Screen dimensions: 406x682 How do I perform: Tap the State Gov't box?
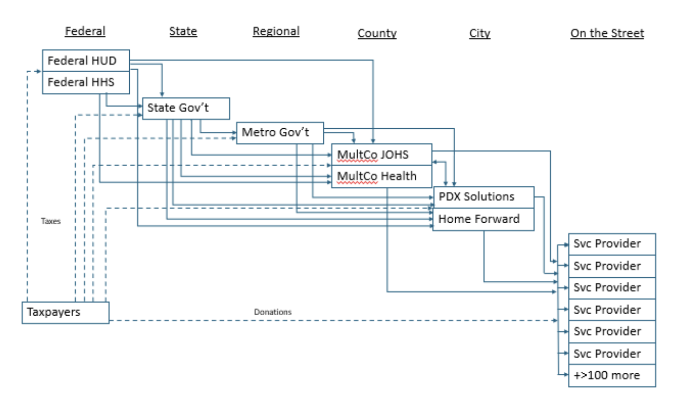185,109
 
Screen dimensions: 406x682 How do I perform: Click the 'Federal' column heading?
85,31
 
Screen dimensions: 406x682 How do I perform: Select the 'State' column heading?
183,31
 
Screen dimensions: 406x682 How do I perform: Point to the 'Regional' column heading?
276,31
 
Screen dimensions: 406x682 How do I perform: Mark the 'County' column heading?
377,33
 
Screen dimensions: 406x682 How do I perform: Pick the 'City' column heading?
480,33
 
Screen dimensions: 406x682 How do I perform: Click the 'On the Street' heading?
607,33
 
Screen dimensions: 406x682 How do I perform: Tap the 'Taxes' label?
51,221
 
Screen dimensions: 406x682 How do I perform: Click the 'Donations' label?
272,312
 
